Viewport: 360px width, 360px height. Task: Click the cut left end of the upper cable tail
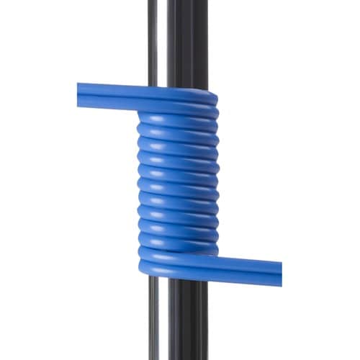coord(79,96)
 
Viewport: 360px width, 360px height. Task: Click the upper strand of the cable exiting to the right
coord(245,261)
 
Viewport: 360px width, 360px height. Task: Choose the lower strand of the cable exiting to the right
coord(245,274)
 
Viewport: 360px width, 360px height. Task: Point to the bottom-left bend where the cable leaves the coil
coord(144,263)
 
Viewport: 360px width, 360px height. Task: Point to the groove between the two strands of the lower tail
coord(245,267)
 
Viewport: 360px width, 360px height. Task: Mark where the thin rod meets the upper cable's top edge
coord(153,84)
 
